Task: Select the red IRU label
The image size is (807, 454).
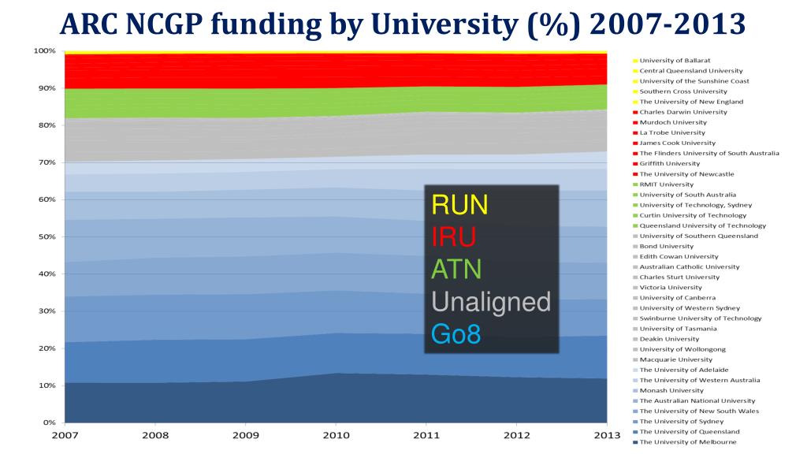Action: click(453, 236)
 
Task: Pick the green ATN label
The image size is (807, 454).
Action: click(456, 269)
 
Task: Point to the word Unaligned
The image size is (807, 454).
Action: click(489, 301)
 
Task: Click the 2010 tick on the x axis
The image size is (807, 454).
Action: click(336, 434)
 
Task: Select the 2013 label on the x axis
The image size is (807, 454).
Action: click(606, 434)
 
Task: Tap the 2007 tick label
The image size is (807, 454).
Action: click(65, 434)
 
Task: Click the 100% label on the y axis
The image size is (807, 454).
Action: click(43, 50)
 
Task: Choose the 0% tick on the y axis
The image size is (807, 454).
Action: click(49, 422)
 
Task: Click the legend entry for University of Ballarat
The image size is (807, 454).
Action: click(675, 61)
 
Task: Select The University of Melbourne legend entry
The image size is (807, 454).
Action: click(688, 442)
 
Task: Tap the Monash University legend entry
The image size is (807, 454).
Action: click(671, 390)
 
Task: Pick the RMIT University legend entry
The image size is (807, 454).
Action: click(667, 184)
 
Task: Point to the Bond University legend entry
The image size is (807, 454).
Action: click(667, 246)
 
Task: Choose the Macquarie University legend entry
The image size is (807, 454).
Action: click(676, 359)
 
